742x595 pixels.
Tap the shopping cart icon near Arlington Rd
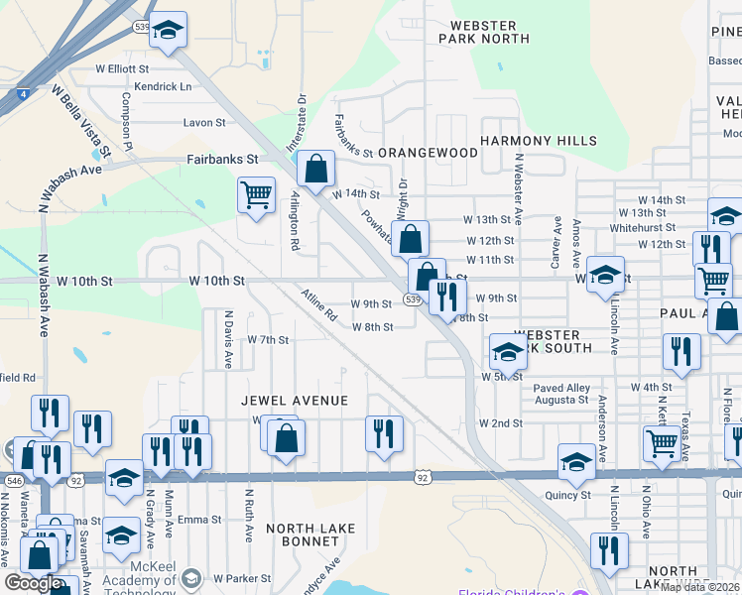(x=257, y=193)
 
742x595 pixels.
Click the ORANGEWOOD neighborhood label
(x=428, y=153)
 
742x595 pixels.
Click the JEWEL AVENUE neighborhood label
(x=296, y=401)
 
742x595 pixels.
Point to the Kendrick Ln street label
(x=164, y=87)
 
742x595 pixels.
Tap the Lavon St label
(x=205, y=123)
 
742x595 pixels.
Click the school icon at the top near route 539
(x=169, y=30)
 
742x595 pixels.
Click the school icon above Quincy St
(x=576, y=459)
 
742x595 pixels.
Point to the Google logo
(x=33, y=582)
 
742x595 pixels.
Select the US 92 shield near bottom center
(x=423, y=477)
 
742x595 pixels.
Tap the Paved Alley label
(x=560, y=387)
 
